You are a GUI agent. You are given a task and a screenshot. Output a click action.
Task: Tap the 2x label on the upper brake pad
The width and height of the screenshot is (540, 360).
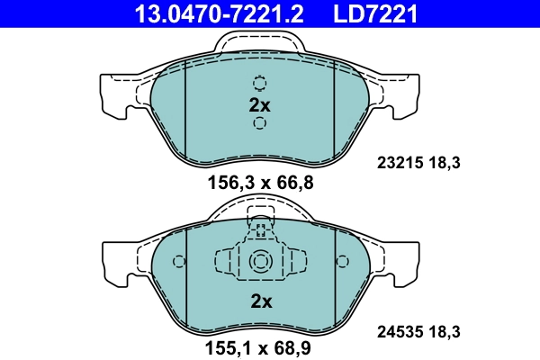(259, 105)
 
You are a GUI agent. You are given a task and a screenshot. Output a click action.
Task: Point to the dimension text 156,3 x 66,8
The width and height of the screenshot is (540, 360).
(259, 183)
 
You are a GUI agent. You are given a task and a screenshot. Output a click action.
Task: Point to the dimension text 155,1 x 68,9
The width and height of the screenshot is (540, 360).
(259, 345)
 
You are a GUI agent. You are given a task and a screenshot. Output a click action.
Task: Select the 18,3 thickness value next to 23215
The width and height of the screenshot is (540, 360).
(445, 165)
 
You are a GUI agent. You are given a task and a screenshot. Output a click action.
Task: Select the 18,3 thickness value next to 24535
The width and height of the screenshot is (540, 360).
(445, 332)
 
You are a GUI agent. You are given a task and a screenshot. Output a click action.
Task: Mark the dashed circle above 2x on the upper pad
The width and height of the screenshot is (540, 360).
(260, 84)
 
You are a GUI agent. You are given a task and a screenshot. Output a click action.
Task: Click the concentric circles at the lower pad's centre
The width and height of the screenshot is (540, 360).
(260, 262)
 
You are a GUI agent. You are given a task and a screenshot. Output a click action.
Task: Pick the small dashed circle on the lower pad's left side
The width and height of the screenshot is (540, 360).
(178, 262)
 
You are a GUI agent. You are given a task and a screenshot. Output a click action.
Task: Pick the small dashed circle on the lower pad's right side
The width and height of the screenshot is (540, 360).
(342, 262)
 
